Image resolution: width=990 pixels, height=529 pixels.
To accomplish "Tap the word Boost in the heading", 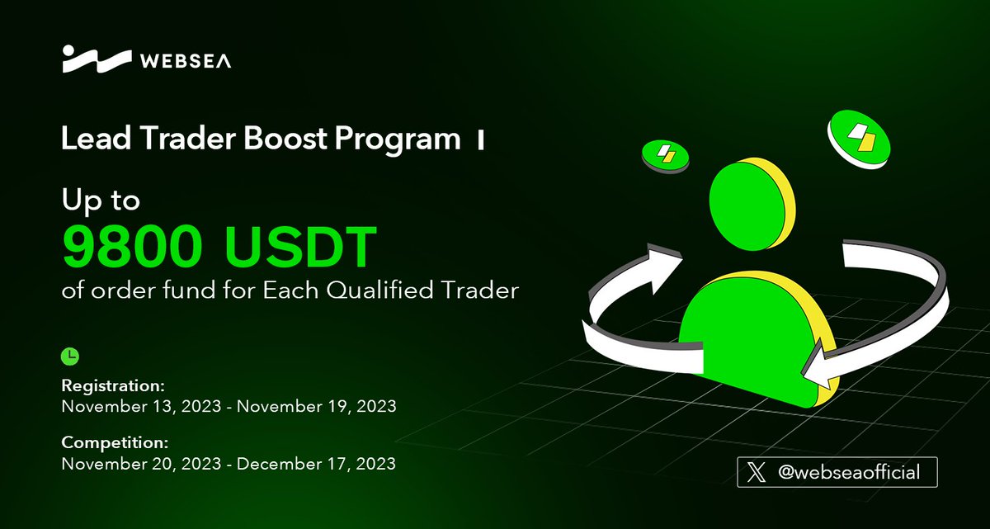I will [280, 139].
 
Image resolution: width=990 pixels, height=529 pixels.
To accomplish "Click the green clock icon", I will [71, 356].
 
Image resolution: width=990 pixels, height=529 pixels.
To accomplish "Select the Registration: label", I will [113, 385].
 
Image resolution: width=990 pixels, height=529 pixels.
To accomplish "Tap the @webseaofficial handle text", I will [849, 473].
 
